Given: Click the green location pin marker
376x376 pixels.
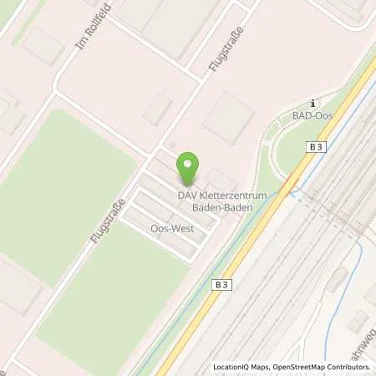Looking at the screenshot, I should (x=188, y=167).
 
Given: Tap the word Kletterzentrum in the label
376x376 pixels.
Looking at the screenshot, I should (x=225, y=195).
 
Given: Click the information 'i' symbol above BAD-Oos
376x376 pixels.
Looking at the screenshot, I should (x=310, y=102).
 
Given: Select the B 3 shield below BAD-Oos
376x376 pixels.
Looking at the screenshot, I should (x=315, y=146).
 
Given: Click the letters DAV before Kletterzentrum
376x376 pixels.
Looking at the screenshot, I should (x=185, y=195).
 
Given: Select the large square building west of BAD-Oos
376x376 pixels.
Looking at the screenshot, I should (x=228, y=116).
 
